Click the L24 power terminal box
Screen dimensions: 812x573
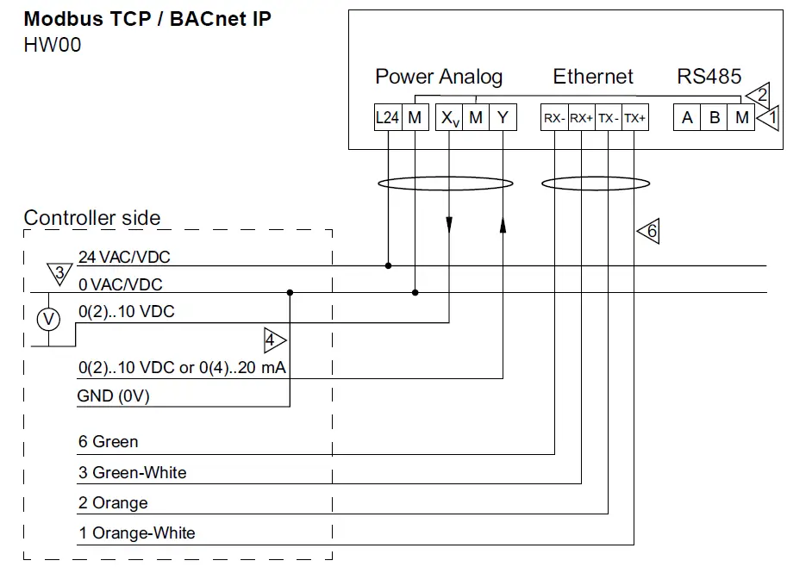click(388, 117)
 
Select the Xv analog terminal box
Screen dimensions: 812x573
click(449, 117)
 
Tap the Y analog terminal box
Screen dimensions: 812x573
click(503, 117)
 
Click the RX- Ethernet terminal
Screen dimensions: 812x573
click(554, 117)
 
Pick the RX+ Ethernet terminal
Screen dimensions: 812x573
click(582, 117)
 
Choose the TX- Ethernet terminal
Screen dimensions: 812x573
click(609, 117)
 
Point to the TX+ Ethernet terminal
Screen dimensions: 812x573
click(635, 117)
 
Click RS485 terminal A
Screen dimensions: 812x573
click(687, 117)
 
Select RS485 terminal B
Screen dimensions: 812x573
click(714, 117)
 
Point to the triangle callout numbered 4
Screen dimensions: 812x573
click(272, 340)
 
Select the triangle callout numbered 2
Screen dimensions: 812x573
click(759, 96)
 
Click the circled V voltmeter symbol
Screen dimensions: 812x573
click(48, 319)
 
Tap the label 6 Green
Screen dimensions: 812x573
click(109, 441)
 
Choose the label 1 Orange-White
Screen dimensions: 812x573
click(137, 533)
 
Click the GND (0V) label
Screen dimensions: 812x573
click(114, 396)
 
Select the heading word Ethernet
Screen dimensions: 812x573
click(593, 77)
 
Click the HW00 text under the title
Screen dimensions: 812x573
click(53, 45)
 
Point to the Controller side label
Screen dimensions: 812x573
click(92, 217)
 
